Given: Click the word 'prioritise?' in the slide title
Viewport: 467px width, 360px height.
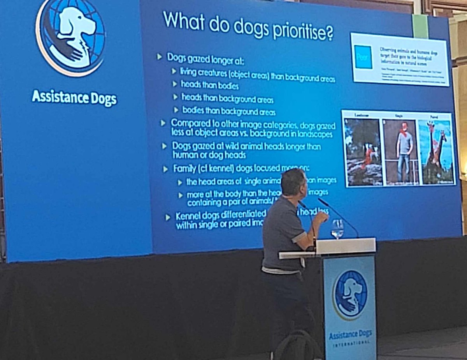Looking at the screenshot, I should (x=302, y=31).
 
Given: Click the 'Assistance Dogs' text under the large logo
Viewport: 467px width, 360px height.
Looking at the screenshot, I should (x=74, y=98).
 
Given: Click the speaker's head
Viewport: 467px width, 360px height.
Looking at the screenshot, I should (x=293, y=182).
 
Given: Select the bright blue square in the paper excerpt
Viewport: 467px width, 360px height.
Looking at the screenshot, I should (x=363, y=57).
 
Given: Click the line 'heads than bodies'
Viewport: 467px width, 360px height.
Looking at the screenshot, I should (x=210, y=85).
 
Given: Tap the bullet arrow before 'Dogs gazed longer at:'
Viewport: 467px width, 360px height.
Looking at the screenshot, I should (x=159, y=57).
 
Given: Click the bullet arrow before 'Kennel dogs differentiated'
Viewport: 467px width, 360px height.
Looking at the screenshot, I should (x=168, y=217).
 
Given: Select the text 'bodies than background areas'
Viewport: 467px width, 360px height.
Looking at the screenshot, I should (x=229, y=111).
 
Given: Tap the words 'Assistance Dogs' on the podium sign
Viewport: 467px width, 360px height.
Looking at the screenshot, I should (x=350, y=334).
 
